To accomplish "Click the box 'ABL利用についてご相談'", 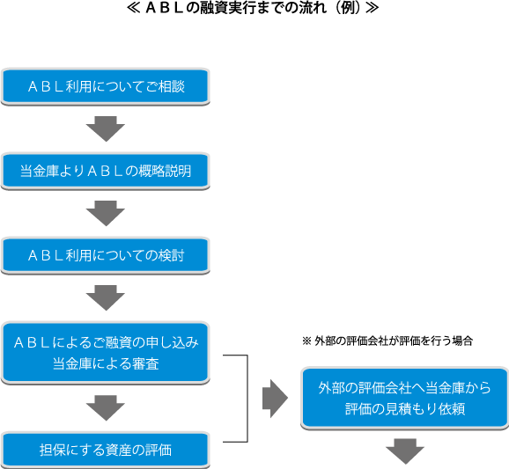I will pos(106,87).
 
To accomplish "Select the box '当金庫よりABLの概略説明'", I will pos(106,171).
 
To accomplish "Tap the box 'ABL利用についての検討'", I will pos(106,255).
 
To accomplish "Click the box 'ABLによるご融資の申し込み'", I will pos(106,341).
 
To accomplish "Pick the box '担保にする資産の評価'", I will pos(106,450).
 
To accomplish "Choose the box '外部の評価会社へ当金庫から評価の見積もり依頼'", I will pos(404,398).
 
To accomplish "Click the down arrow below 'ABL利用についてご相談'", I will pos(106,129).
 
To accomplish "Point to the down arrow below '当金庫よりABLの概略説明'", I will pos(106,213).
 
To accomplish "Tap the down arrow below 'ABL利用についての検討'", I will pos(106,297).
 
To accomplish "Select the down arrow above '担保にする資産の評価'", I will pos(106,407).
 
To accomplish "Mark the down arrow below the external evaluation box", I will pos(404,451).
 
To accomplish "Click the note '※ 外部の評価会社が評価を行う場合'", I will pos(387,340).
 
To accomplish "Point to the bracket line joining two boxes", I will pos(247,399).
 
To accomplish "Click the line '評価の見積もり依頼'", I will pos(404,409).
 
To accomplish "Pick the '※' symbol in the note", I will pos(306,340).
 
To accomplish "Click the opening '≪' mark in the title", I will pos(134,12).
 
